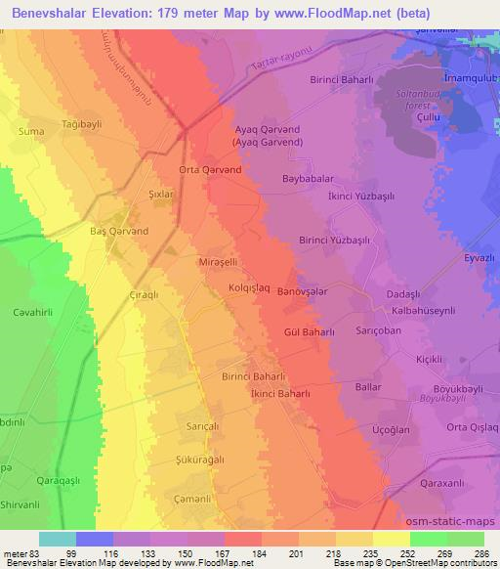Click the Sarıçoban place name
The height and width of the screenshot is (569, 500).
click(x=379, y=331)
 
